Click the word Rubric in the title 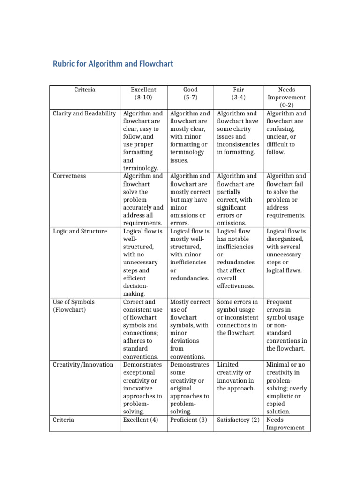click(x=64, y=64)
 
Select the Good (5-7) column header click(x=190, y=93)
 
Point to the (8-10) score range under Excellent click(x=143, y=97)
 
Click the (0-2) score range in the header click(x=286, y=105)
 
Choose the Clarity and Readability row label click(x=84, y=113)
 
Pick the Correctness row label click(x=69, y=176)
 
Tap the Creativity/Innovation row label click(x=83, y=365)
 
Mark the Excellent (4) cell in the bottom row click(x=141, y=420)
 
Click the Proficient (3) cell click(x=188, y=420)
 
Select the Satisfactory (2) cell click(x=238, y=420)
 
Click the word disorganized click(x=286, y=239)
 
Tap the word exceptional click(x=140, y=373)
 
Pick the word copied click(x=276, y=404)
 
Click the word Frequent click(x=279, y=302)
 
